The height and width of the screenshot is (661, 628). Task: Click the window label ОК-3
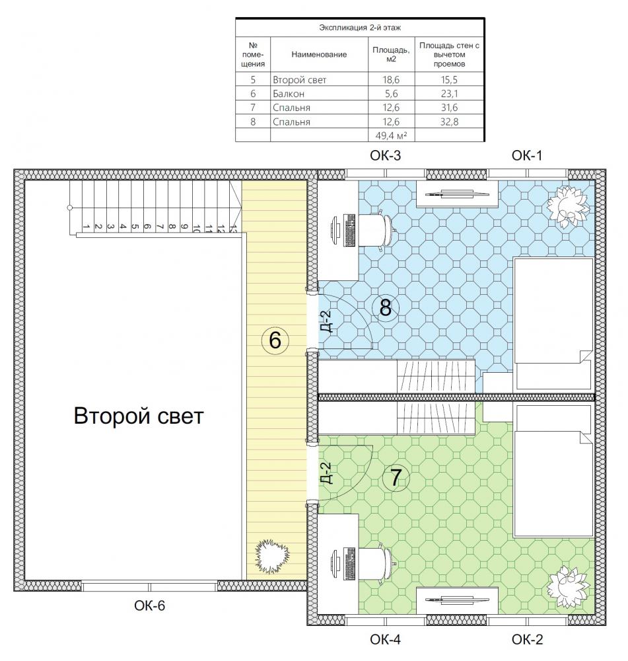[386, 155]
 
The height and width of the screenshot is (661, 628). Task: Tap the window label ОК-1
[527, 155]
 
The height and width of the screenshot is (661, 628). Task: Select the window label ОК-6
[149, 605]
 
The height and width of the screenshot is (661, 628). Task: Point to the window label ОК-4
[386, 639]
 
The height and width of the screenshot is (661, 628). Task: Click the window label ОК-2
[527, 639]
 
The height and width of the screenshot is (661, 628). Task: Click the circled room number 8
[386, 307]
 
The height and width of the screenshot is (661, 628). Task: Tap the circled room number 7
[396, 478]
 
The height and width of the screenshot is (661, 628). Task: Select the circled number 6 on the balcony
[275, 340]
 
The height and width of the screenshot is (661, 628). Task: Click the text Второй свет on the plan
[139, 416]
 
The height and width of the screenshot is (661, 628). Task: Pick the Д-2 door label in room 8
[326, 322]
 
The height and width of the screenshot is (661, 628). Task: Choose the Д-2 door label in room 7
[326, 473]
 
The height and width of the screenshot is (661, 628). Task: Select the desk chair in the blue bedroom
[377, 230]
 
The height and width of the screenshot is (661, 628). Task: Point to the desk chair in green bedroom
[377, 564]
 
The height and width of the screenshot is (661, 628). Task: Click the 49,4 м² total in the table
[391, 136]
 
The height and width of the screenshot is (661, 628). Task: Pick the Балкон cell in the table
[289, 94]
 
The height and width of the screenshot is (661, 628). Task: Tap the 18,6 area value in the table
[391, 80]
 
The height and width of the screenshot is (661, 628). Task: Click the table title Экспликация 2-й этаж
[360, 28]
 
